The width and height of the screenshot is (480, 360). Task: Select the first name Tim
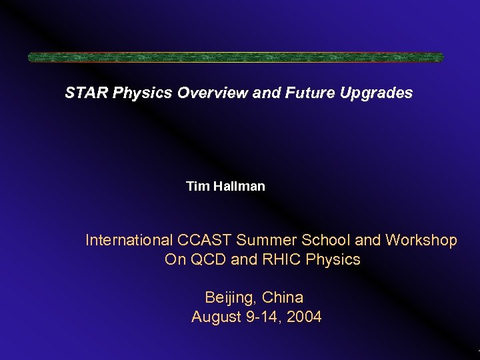pyautogui.click(x=197, y=187)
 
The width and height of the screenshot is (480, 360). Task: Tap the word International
pyautogui.click(x=129, y=240)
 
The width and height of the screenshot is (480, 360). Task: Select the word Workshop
pyautogui.click(x=421, y=240)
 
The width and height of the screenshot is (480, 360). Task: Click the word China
pyautogui.click(x=283, y=297)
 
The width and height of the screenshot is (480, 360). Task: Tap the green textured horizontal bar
pyautogui.click(x=235, y=57)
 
